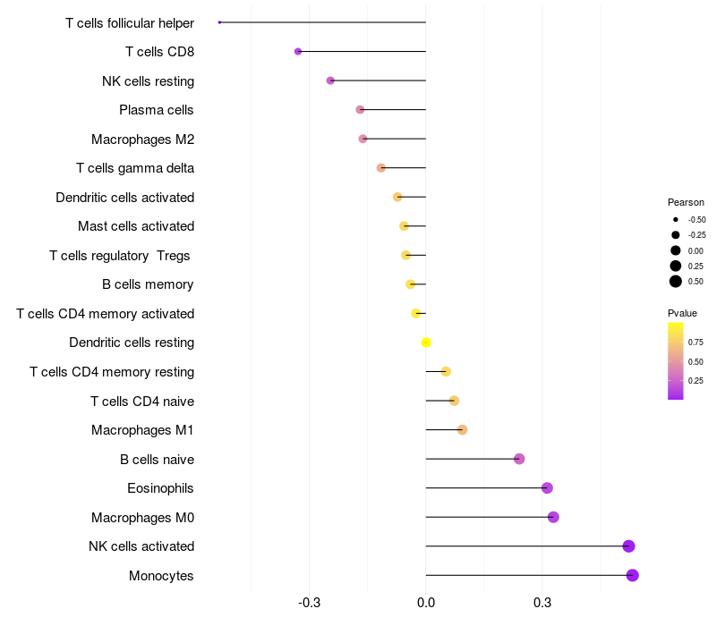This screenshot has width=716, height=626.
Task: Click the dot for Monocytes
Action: (x=633, y=575)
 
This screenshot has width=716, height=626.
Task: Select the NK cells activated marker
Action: (x=628, y=546)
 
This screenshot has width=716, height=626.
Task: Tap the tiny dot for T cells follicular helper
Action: (x=219, y=21)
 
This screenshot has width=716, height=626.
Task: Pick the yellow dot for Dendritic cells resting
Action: (x=426, y=343)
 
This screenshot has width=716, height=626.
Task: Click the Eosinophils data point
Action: (x=547, y=488)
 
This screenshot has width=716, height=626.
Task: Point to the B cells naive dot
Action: (x=519, y=459)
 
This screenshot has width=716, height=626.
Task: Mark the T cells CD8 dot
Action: (x=298, y=51)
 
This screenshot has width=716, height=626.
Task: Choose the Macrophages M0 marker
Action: (x=553, y=517)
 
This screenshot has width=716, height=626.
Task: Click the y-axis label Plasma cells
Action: (x=157, y=110)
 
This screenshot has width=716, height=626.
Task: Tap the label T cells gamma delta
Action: (x=135, y=168)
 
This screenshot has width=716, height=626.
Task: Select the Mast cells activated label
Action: (x=136, y=226)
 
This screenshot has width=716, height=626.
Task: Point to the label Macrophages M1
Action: (x=143, y=430)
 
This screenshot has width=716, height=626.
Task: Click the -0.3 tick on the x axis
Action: (x=309, y=605)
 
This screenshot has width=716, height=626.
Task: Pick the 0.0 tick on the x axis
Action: (x=426, y=605)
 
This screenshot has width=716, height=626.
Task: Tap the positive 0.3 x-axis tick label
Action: (x=542, y=605)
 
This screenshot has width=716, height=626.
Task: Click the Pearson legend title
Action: (x=686, y=202)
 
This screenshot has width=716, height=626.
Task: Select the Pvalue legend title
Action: (x=682, y=313)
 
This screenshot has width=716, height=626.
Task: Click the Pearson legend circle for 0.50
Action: (x=676, y=282)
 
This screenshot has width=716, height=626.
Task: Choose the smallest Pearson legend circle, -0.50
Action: (x=676, y=219)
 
